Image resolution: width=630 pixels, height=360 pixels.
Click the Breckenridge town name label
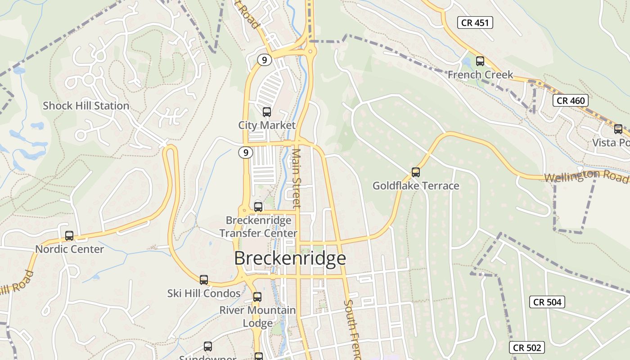pyautogui.click(x=290, y=258)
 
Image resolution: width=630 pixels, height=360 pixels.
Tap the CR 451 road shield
pyautogui.click(x=475, y=22)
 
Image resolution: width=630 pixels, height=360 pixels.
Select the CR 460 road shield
pyautogui.click(x=571, y=100)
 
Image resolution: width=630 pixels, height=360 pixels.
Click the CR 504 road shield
pyautogui.click(x=547, y=302)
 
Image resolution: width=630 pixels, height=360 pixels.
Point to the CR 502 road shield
pyautogui.click(x=527, y=347)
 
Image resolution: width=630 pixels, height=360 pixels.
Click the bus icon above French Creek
pyautogui.click(x=480, y=61)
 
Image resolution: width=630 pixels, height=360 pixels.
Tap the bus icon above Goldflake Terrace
pyautogui.click(x=416, y=172)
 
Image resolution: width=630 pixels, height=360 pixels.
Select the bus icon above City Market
pyautogui.click(x=267, y=112)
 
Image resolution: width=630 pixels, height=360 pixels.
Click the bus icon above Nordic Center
pyautogui.click(x=69, y=235)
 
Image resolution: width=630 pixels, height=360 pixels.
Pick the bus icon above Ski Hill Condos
pyautogui.click(x=204, y=279)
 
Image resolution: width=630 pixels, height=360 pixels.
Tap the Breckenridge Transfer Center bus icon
pyautogui.click(x=258, y=207)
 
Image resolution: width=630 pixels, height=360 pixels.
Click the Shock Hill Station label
pyautogui.click(x=86, y=106)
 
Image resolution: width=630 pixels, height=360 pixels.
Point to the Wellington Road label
pyautogui.click(x=585, y=176)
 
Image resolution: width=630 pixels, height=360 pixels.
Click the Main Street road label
pyautogui.click(x=296, y=178)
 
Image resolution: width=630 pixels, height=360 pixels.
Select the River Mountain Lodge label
pyautogui.click(x=257, y=316)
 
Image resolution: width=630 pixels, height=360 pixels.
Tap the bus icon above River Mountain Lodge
pyautogui.click(x=257, y=297)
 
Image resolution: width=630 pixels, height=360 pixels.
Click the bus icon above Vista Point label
pyautogui.click(x=618, y=129)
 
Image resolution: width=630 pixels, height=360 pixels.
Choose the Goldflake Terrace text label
pyautogui.click(x=416, y=185)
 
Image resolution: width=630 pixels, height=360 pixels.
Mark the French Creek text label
pyautogui.click(x=480, y=75)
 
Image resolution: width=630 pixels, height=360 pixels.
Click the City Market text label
pyautogui.click(x=267, y=125)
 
